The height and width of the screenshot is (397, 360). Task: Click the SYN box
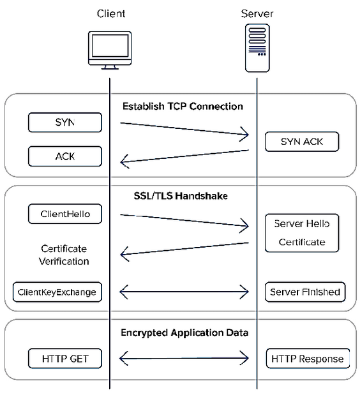tap(64, 122)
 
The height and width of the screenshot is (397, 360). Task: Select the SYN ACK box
tap(302, 142)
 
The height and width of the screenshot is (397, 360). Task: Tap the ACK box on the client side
tap(64, 156)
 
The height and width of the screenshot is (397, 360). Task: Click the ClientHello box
tap(64, 214)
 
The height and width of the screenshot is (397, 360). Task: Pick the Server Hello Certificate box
tap(302, 233)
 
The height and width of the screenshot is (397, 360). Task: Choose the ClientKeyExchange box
tap(57, 292)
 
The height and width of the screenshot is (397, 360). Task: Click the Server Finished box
tap(305, 292)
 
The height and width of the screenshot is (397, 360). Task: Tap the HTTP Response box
tap(308, 359)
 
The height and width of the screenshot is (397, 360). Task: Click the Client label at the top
tap(111, 13)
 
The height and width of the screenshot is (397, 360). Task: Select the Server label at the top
tap(257, 13)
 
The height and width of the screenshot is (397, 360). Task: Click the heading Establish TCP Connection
tap(183, 106)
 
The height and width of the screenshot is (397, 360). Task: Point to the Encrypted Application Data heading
tap(184, 333)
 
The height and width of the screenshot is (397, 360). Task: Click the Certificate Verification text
tap(64, 255)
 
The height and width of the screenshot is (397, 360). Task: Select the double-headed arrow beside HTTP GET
tap(184, 358)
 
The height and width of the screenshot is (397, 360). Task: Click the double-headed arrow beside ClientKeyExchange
tap(184, 292)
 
